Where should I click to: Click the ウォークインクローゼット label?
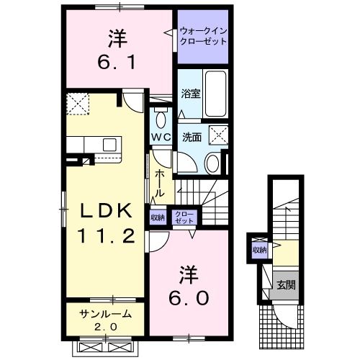click(203, 35)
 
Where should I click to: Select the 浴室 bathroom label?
click(190, 92)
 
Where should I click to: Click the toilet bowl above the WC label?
click(161, 118)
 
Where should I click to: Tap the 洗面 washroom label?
click(191, 136)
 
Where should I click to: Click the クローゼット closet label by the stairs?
click(185, 217)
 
